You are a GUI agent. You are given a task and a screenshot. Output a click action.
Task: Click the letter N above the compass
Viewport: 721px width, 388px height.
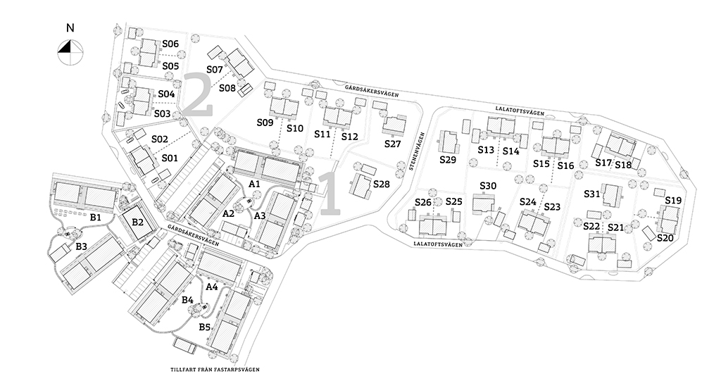(70, 28)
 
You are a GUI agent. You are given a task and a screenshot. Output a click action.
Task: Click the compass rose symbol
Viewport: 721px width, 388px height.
(70, 52)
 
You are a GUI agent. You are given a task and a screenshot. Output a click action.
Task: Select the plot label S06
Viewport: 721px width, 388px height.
(170, 44)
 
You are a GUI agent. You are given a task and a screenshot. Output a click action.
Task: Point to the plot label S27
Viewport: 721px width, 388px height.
(393, 144)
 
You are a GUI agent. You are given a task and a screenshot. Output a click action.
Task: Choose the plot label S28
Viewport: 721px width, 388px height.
(381, 184)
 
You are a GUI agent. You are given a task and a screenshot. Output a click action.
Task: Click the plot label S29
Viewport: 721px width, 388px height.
(447, 160)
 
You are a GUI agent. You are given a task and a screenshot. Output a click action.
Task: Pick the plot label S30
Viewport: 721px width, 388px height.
(488, 186)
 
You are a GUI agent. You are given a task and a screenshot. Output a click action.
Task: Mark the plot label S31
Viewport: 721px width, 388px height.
(592, 194)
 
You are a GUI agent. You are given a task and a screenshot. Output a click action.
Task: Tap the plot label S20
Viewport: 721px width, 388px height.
(665, 238)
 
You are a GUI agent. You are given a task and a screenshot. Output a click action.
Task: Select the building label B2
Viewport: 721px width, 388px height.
(137, 222)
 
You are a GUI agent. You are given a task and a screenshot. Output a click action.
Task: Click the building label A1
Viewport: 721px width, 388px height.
(254, 184)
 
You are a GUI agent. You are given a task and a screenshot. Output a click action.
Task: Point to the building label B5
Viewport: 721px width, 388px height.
(205, 327)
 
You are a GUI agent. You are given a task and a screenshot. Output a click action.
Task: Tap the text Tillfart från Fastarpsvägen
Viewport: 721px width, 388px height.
(215, 369)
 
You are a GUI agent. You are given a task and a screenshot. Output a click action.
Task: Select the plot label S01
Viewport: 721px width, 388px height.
(170, 158)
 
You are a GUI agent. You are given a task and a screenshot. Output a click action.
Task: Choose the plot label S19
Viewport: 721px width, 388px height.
(673, 201)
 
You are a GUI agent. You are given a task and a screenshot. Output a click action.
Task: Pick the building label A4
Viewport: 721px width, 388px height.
(211, 287)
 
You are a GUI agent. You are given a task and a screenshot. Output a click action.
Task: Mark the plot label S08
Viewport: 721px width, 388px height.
(227, 88)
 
